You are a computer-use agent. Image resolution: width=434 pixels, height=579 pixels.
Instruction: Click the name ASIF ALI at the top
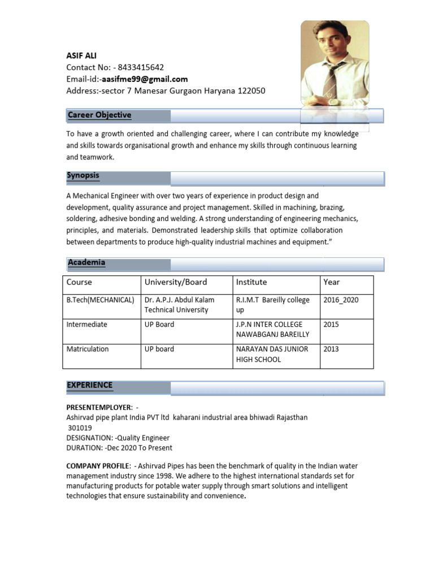click(81, 56)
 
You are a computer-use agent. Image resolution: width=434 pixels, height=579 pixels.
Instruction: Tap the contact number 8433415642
click(141, 67)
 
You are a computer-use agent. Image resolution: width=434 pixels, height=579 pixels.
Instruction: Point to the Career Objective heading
click(99, 115)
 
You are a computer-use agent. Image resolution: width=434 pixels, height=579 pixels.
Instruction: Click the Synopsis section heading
click(83, 176)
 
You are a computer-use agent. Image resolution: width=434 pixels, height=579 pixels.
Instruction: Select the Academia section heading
click(86, 263)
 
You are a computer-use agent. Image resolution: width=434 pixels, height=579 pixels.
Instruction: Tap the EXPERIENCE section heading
click(90, 386)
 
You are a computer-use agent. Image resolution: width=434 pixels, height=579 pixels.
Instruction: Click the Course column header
click(79, 282)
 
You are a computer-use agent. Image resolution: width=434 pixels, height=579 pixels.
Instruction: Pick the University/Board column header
click(176, 282)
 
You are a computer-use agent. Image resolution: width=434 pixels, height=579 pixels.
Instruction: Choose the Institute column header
click(251, 282)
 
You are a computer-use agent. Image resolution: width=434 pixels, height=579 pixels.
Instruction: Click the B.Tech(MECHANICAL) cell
click(101, 300)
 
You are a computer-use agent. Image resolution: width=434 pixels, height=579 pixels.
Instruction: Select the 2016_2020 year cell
click(341, 300)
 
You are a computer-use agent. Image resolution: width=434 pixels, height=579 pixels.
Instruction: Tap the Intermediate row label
click(87, 325)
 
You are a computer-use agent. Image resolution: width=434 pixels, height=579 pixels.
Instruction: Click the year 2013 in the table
click(331, 349)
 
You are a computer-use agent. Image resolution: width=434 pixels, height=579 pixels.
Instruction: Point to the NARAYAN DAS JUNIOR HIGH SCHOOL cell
click(272, 354)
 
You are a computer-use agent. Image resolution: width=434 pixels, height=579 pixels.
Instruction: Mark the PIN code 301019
click(80, 427)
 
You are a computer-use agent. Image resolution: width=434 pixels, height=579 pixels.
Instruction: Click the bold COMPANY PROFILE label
click(98, 466)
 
